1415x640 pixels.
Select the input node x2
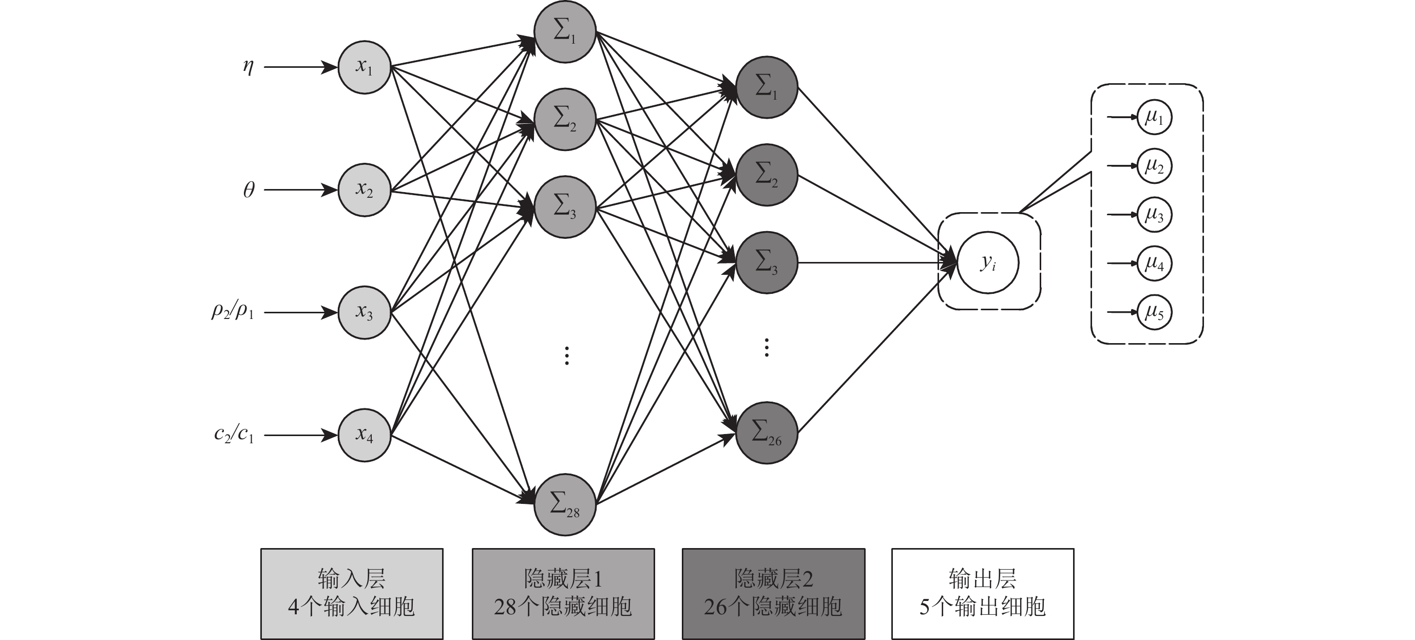coord(364,190)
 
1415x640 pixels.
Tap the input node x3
coord(364,313)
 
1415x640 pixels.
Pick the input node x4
coord(364,435)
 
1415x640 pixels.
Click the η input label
coord(249,67)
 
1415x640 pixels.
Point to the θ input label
coord(249,190)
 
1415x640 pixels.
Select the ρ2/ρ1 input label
coord(233,311)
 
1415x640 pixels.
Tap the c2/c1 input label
coord(234,435)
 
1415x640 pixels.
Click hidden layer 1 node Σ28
coord(565,504)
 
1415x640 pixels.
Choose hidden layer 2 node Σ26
coord(766,433)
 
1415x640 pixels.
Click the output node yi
coord(988,262)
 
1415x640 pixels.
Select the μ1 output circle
coord(1154,117)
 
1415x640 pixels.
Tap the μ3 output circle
coord(1154,215)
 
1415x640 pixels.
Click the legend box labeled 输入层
coord(352,593)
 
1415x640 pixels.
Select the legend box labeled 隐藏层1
coord(563,593)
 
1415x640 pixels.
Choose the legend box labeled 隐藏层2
coord(773,593)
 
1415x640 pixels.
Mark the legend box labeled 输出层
coord(983,593)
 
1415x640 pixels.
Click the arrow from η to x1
coord(300,67)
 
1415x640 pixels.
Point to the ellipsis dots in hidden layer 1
coord(567,355)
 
